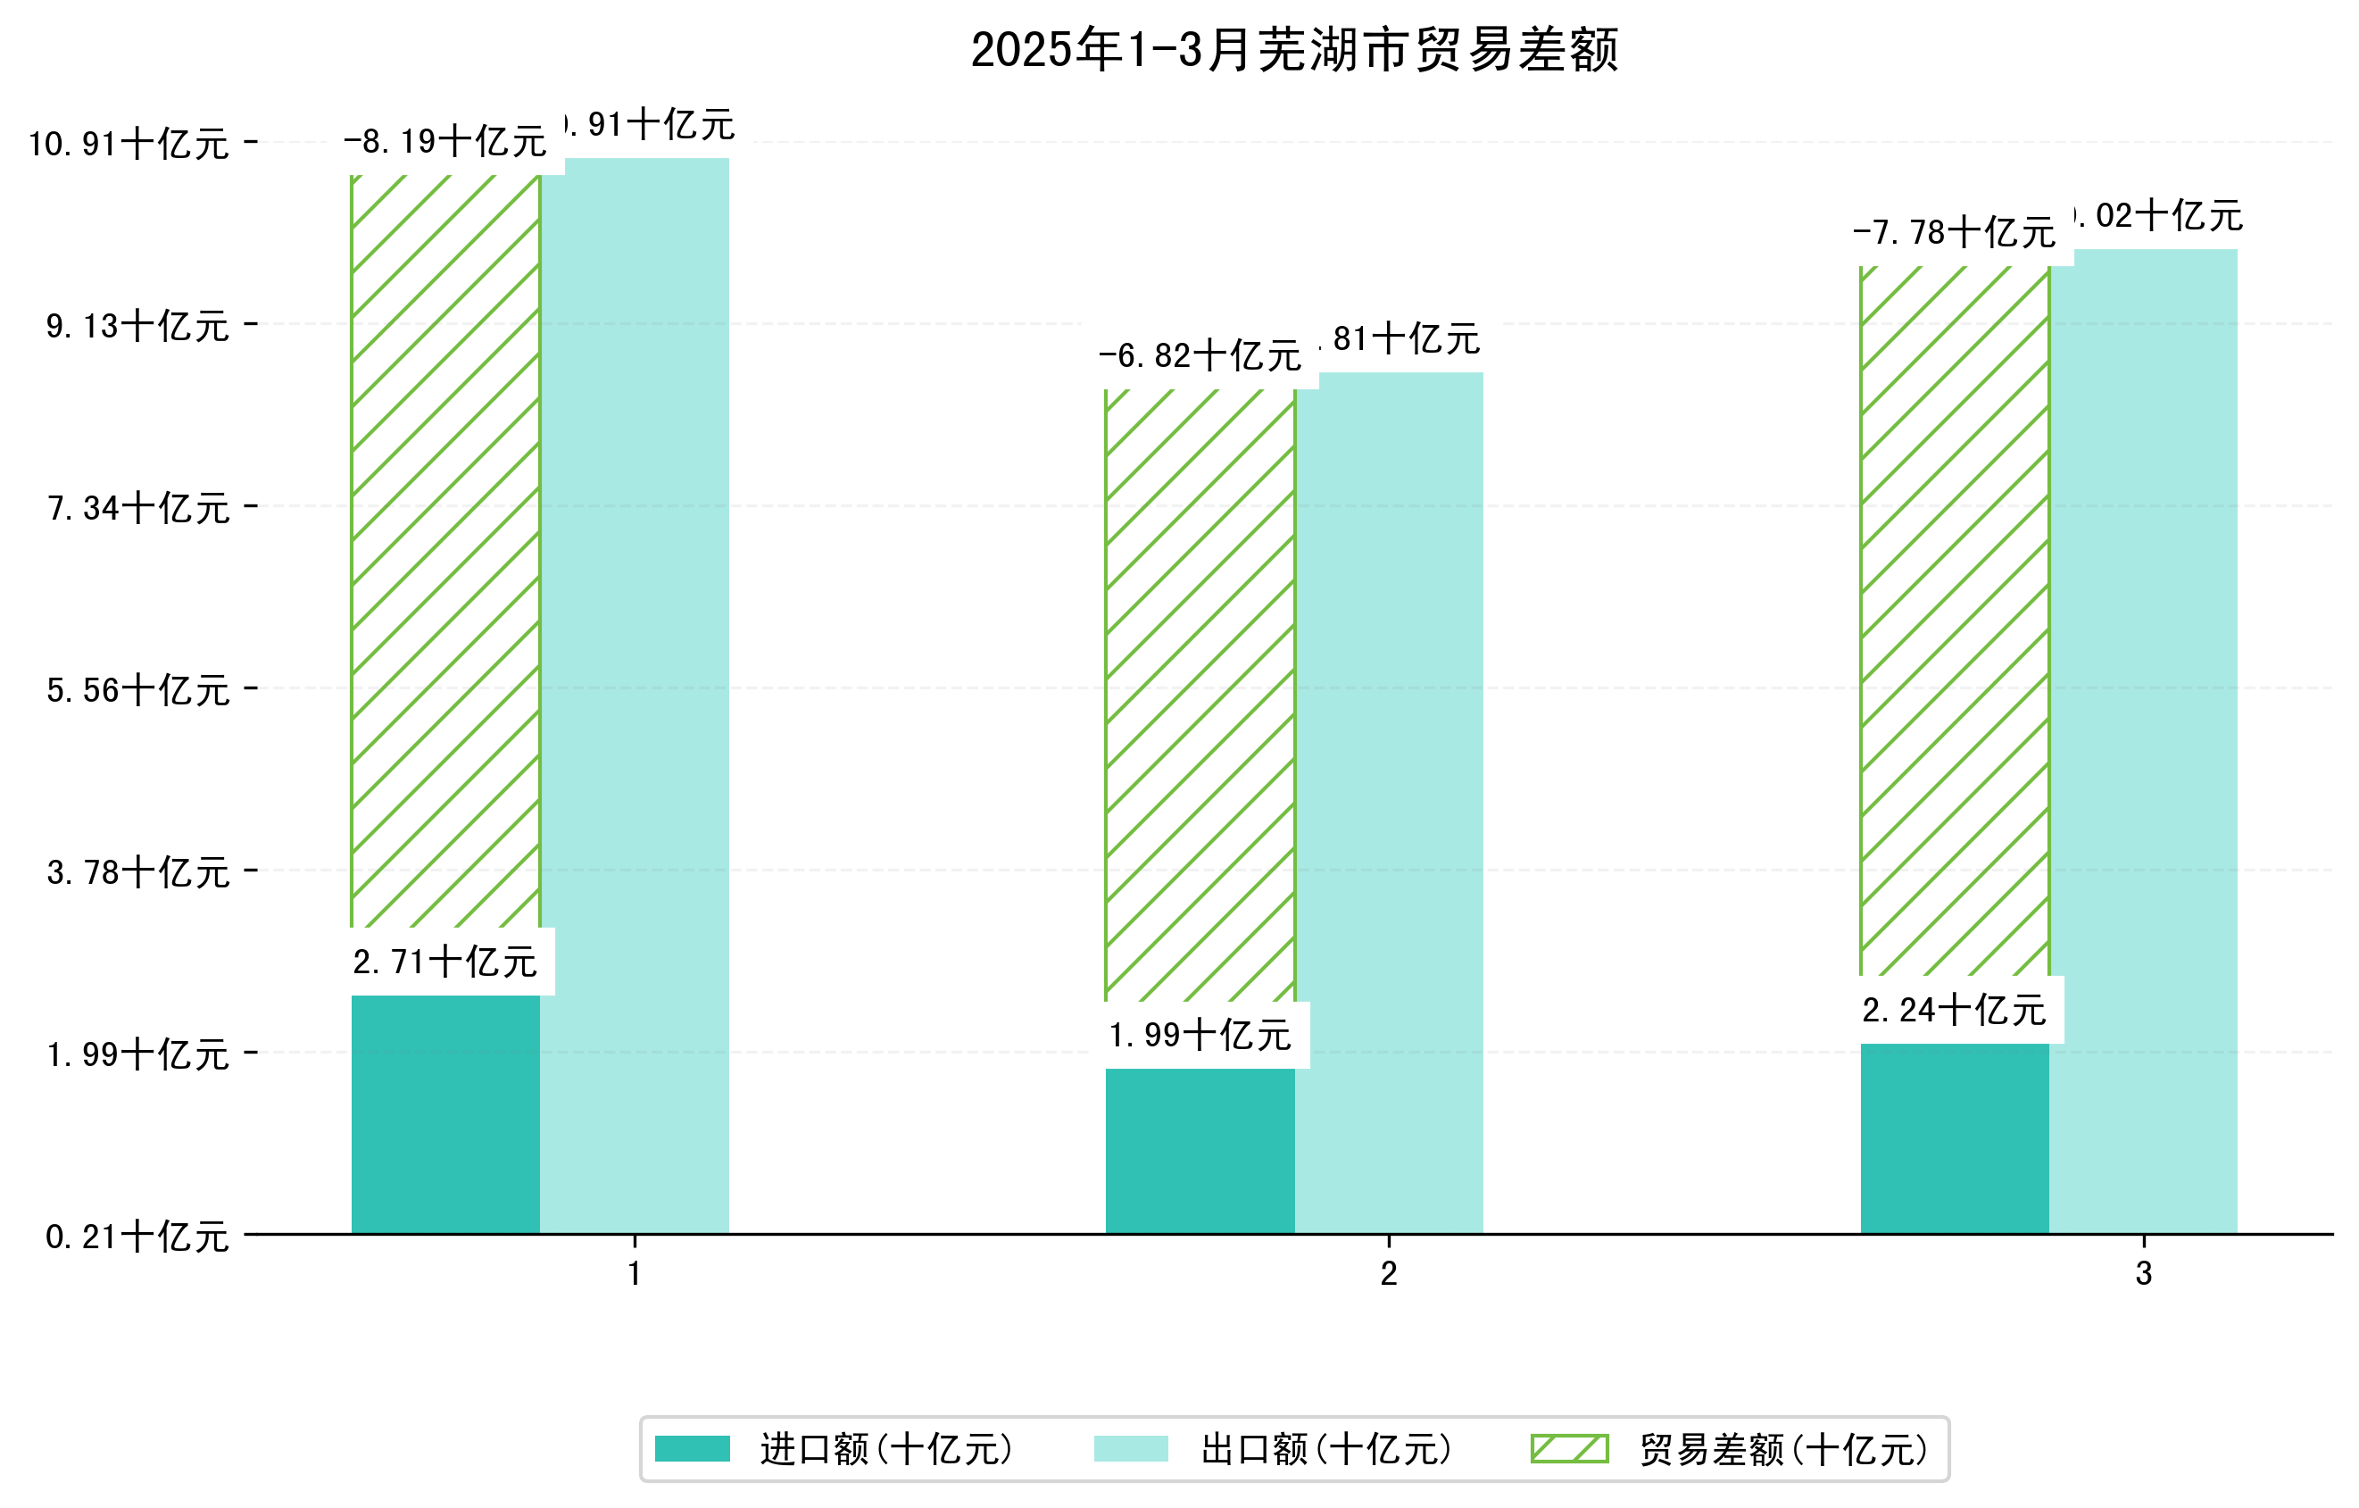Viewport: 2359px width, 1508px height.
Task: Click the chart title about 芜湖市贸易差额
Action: (x=1294, y=50)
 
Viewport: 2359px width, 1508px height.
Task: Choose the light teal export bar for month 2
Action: (x=1389, y=804)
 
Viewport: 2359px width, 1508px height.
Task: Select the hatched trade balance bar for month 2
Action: (x=1200, y=696)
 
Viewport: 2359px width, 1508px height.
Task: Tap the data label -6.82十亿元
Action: (x=1200, y=355)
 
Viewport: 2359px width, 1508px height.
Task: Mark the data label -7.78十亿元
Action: (x=1955, y=233)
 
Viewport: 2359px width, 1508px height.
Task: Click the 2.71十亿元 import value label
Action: (x=445, y=962)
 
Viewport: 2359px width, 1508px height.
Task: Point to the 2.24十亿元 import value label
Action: (x=1955, y=1010)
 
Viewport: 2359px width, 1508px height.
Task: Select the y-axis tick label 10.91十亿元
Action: (x=129, y=144)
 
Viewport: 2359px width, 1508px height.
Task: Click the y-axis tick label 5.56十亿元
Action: (x=138, y=690)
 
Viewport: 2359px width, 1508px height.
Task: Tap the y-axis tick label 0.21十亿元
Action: (x=138, y=1237)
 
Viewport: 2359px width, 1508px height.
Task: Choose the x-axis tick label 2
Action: (x=1389, y=1274)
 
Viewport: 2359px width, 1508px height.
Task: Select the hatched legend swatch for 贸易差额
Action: (x=1569, y=1449)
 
